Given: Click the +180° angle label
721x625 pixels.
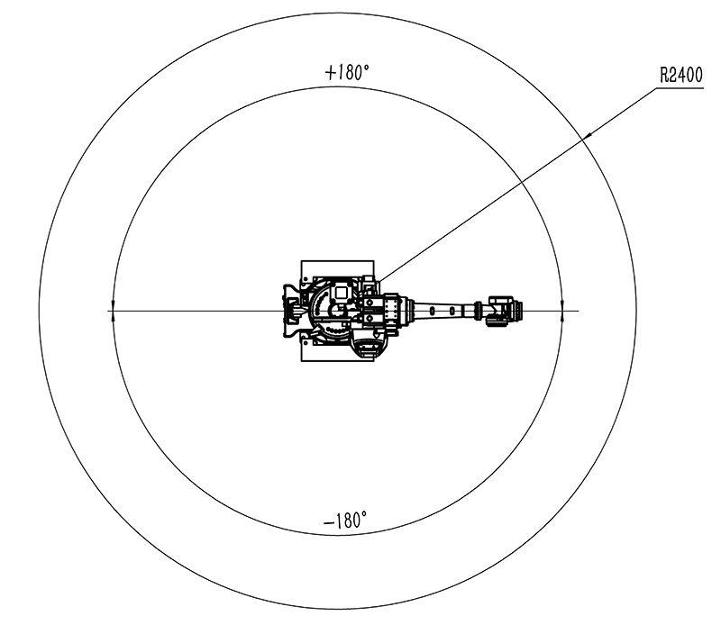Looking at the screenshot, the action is tap(347, 72).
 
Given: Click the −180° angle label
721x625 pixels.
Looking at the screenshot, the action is tap(345, 521).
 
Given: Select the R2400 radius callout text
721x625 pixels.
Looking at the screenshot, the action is tap(681, 75).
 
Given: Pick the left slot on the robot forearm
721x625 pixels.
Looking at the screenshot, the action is tap(434, 311).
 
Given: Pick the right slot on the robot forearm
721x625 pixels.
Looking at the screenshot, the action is tap(452, 311).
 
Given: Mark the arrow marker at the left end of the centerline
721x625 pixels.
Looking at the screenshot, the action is tap(113, 311).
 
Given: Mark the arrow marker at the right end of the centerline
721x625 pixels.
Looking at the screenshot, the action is tap(562, 311).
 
